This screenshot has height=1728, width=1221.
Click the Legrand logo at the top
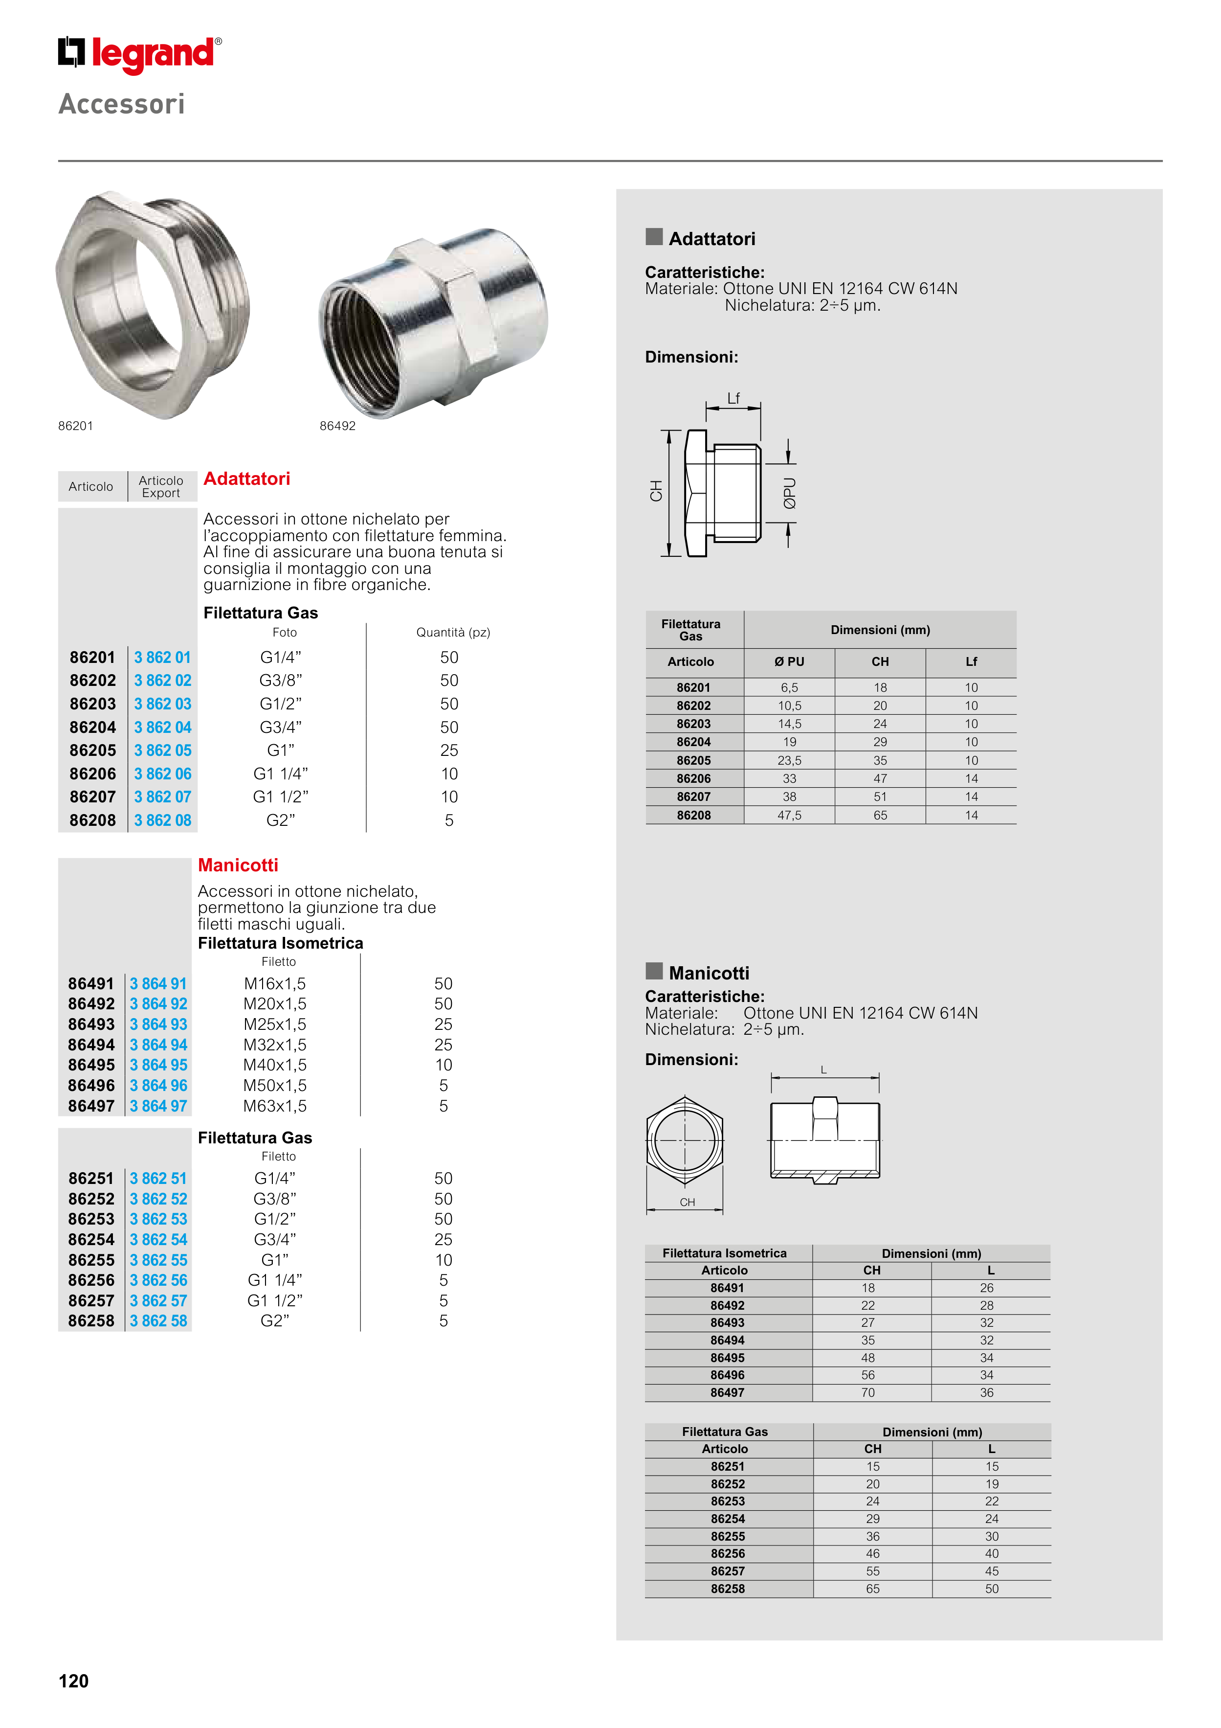coord(140,54)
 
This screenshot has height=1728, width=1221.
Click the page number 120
coord(74,1681)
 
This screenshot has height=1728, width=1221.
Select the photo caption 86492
coord(337,426)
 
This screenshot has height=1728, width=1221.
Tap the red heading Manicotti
coord(238,865)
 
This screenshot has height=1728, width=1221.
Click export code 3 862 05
coord(162,750)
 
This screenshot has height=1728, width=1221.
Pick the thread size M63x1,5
coord(275,1106)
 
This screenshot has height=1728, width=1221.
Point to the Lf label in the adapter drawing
coord(733,398)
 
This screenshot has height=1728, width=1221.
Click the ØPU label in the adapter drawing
coord(789,494)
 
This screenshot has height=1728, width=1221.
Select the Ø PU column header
coord(789,661)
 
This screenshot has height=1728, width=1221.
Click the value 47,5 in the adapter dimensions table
coord(789,815)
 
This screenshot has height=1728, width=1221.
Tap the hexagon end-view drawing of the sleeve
coord(685,1140)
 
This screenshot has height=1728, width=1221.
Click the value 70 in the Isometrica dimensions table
coord(868,1392)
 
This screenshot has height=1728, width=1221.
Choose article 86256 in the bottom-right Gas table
coord(728,1553)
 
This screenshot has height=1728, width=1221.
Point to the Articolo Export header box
coord(161,487)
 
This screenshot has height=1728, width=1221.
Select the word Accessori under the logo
coord(122,104)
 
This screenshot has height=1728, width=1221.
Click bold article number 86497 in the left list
coord(91,1106)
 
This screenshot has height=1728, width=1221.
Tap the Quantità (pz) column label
coord(453,632)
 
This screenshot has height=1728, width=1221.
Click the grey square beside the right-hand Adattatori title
coord(654,237)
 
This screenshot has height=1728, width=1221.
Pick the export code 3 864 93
coord(158,1024)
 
